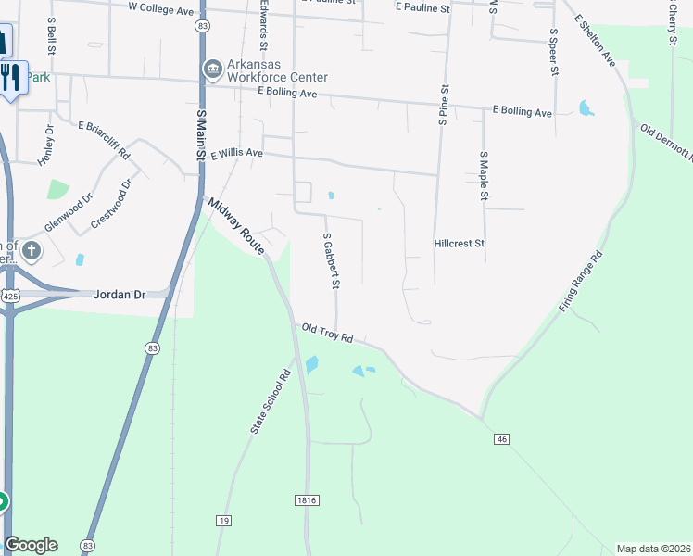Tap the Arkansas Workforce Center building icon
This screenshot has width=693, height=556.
coord(213,68)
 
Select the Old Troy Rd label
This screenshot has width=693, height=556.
coord(328,334)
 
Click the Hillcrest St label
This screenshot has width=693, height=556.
coord(460,244)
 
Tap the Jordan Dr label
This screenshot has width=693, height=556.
coord(120,295)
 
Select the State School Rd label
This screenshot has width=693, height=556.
coord(270,403)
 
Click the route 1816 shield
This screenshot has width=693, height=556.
coord(308,500)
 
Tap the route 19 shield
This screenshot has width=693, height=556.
coord(222,521)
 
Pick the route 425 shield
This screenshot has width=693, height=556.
coord(10,296)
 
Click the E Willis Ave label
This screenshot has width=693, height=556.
coord(237,154)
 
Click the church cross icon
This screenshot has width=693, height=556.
coord(31,250)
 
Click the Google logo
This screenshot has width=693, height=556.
coord(31,545)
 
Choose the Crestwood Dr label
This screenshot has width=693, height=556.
coord(113,205)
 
